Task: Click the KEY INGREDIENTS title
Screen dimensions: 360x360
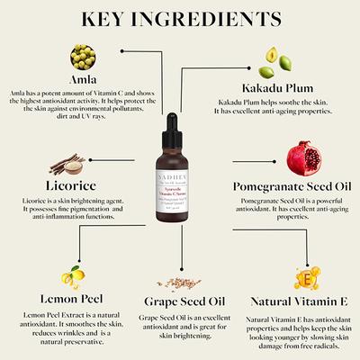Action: [x=180, y=20]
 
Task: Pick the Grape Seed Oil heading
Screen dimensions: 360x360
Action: [x=180, y=303]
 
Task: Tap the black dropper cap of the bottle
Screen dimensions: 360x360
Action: [x=180, y=125]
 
